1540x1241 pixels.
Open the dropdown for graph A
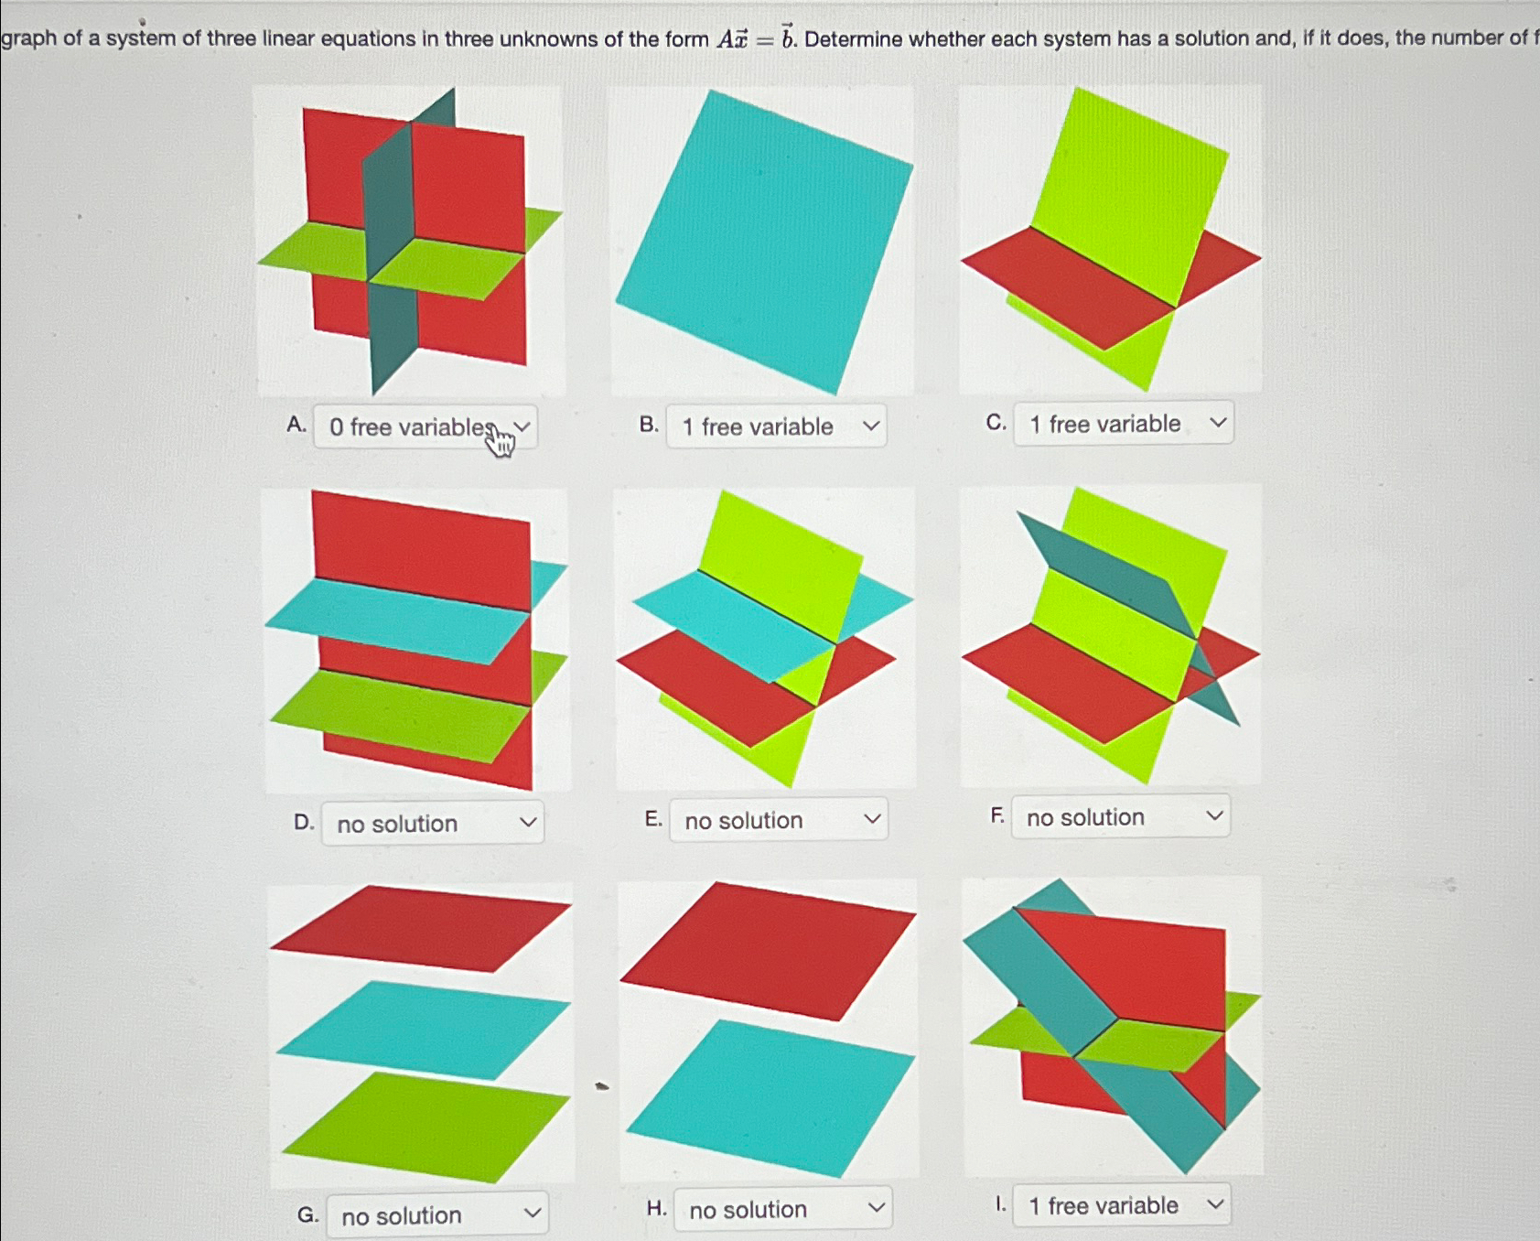click(425, 427)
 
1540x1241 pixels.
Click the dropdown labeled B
click(776, 426)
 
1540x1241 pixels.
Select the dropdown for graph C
click(1123, 424)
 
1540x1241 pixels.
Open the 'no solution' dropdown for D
click(432, 824)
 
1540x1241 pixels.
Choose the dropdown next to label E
click(778, 820)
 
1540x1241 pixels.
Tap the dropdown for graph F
click(1120, 817)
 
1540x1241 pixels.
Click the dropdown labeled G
click(436, 1215)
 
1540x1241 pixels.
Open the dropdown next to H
click(782, 1210)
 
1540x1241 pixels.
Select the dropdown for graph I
click(1122, 1205)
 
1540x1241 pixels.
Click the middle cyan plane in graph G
click(423, 1030)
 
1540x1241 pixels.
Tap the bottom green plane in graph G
click(423, 1128)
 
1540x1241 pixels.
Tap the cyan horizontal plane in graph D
click(398, 620)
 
